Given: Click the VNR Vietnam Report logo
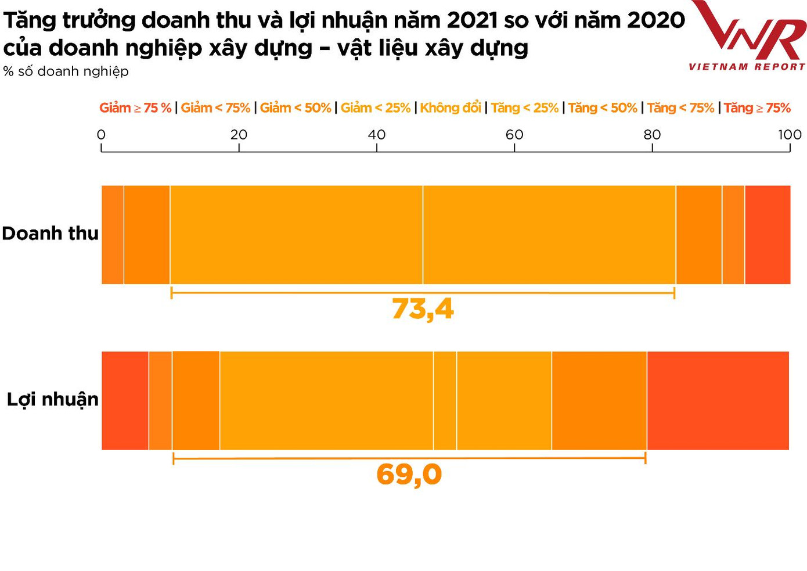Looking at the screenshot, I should click(748, 36).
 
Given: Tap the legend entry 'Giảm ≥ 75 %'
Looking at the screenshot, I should click(135, 108).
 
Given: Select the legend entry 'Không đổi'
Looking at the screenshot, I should click(451, 108).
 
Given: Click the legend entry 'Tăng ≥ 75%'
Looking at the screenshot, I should click(757, 108).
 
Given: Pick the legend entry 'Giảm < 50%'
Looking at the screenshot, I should click(296, 108).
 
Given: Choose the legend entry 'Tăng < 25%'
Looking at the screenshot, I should click(524, 108).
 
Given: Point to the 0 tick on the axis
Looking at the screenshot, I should click(102, 135).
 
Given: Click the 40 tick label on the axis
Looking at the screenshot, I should click(377, 135).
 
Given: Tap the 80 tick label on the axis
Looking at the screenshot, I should click(652, 135).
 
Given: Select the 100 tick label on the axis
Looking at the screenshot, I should click(790, 135).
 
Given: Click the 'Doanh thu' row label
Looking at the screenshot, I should click(51, 234).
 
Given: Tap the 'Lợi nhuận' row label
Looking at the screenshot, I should click(53, 400).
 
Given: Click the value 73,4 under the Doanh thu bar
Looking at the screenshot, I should click(423, 309).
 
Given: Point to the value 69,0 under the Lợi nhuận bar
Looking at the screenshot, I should click(409, 475).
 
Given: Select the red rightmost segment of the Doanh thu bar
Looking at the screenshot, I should click(768, 235).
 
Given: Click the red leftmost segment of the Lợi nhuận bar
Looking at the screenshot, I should click(125, 401).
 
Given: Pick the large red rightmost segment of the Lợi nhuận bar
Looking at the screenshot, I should click(718, 401).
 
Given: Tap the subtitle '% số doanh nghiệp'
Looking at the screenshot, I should click(66, 71).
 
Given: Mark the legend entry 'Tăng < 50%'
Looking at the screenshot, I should click(603, 108).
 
